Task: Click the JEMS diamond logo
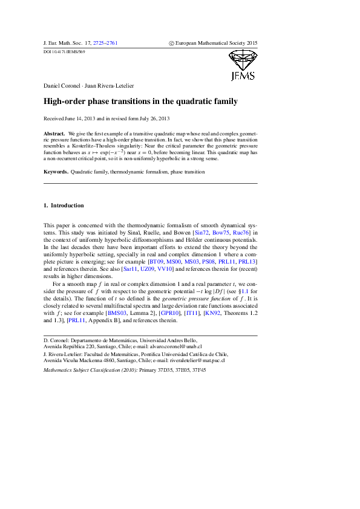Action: pyautogui.click(x=243, y=65)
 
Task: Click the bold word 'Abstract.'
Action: pyautogui.click(x=55, y=132)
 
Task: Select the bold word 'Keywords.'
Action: pyautogui.click(x=57, y=172)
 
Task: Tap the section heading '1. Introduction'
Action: pyautogui.click(x=64, y=206)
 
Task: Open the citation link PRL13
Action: pyautogui.click(x=248, y=261)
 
